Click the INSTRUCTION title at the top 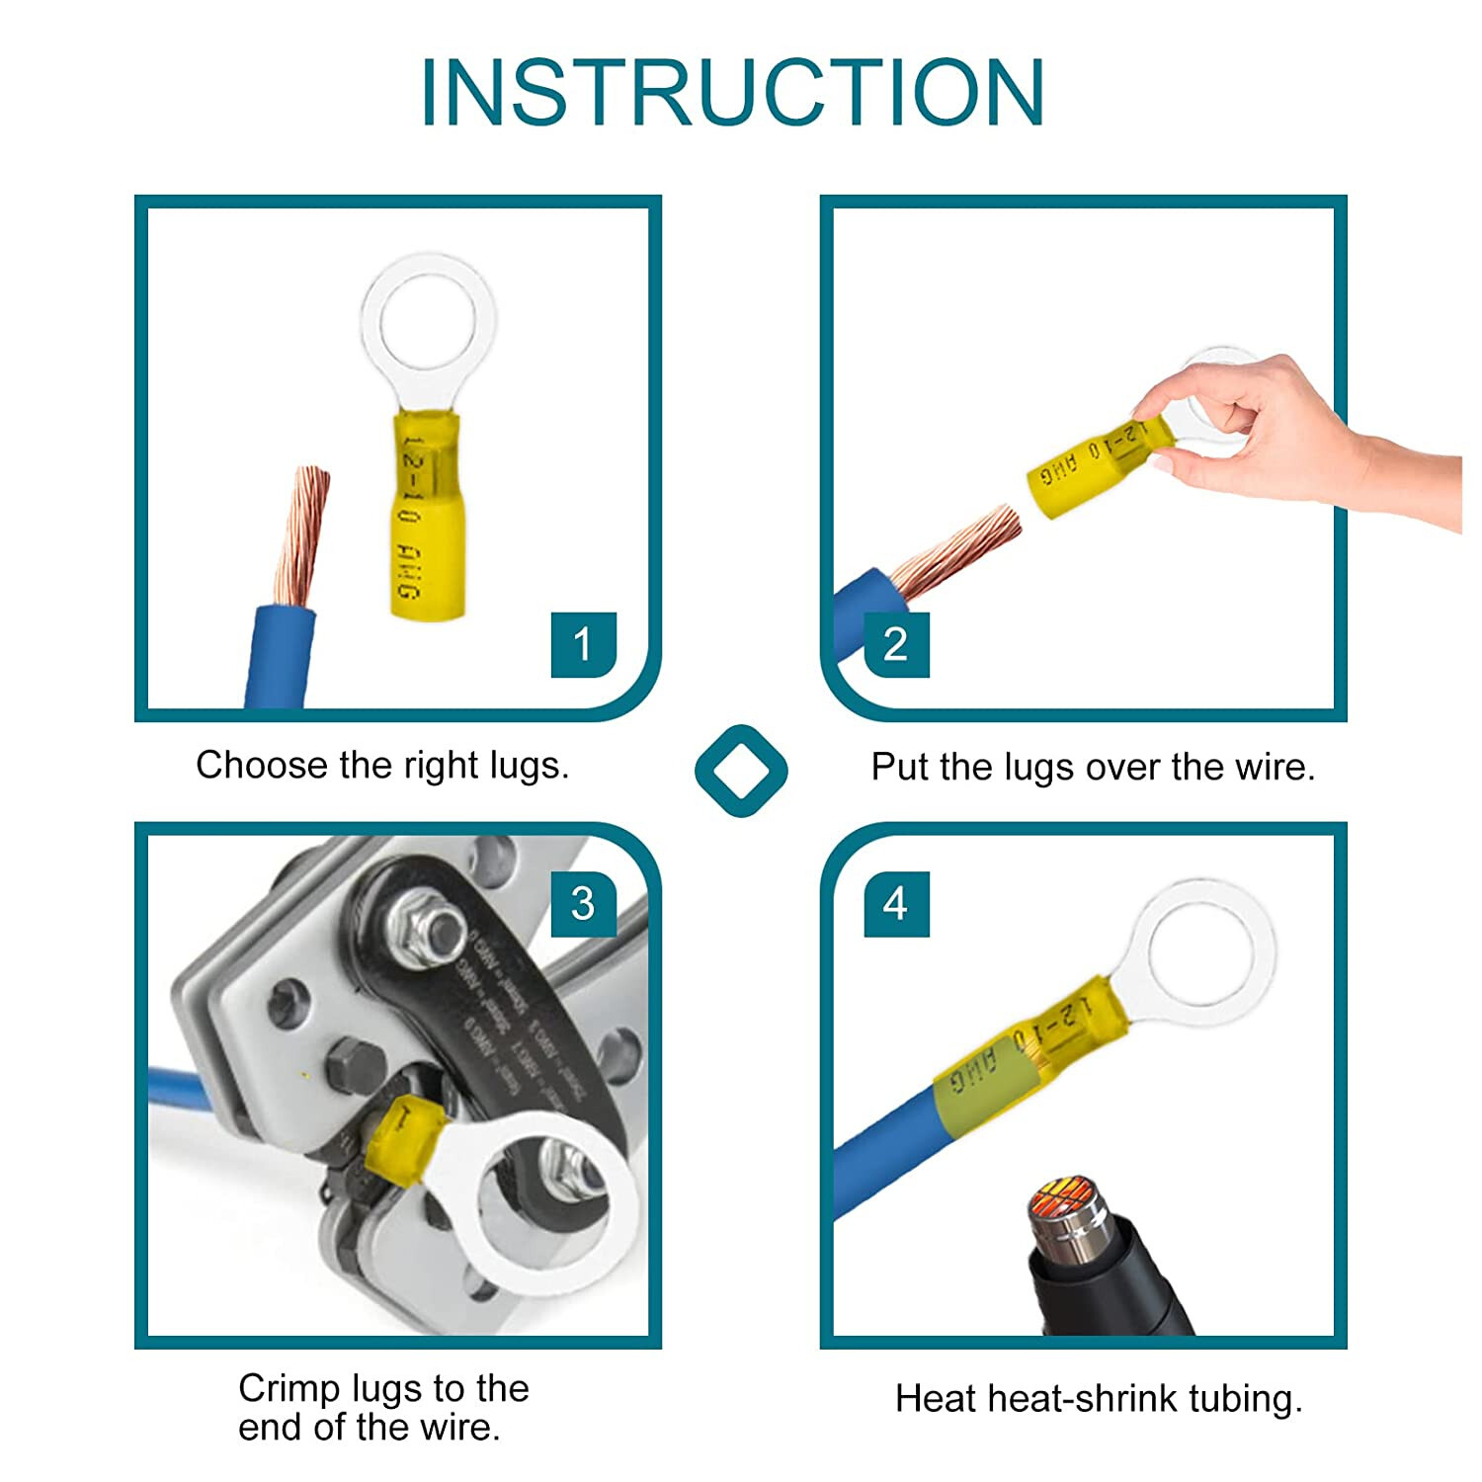[x=732, y=92]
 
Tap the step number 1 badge [x=583, y=644]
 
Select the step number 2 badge [x=895, y=644]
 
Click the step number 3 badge [x=583, y=903]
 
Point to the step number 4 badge [x=895, y=903]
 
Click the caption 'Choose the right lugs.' [x=382, y=766]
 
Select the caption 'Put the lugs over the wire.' [x=1093, y=768]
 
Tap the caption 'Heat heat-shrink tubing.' [x=1099, y=1399]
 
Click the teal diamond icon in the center [x=741, y=771]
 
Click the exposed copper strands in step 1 [x=301, y=534]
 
